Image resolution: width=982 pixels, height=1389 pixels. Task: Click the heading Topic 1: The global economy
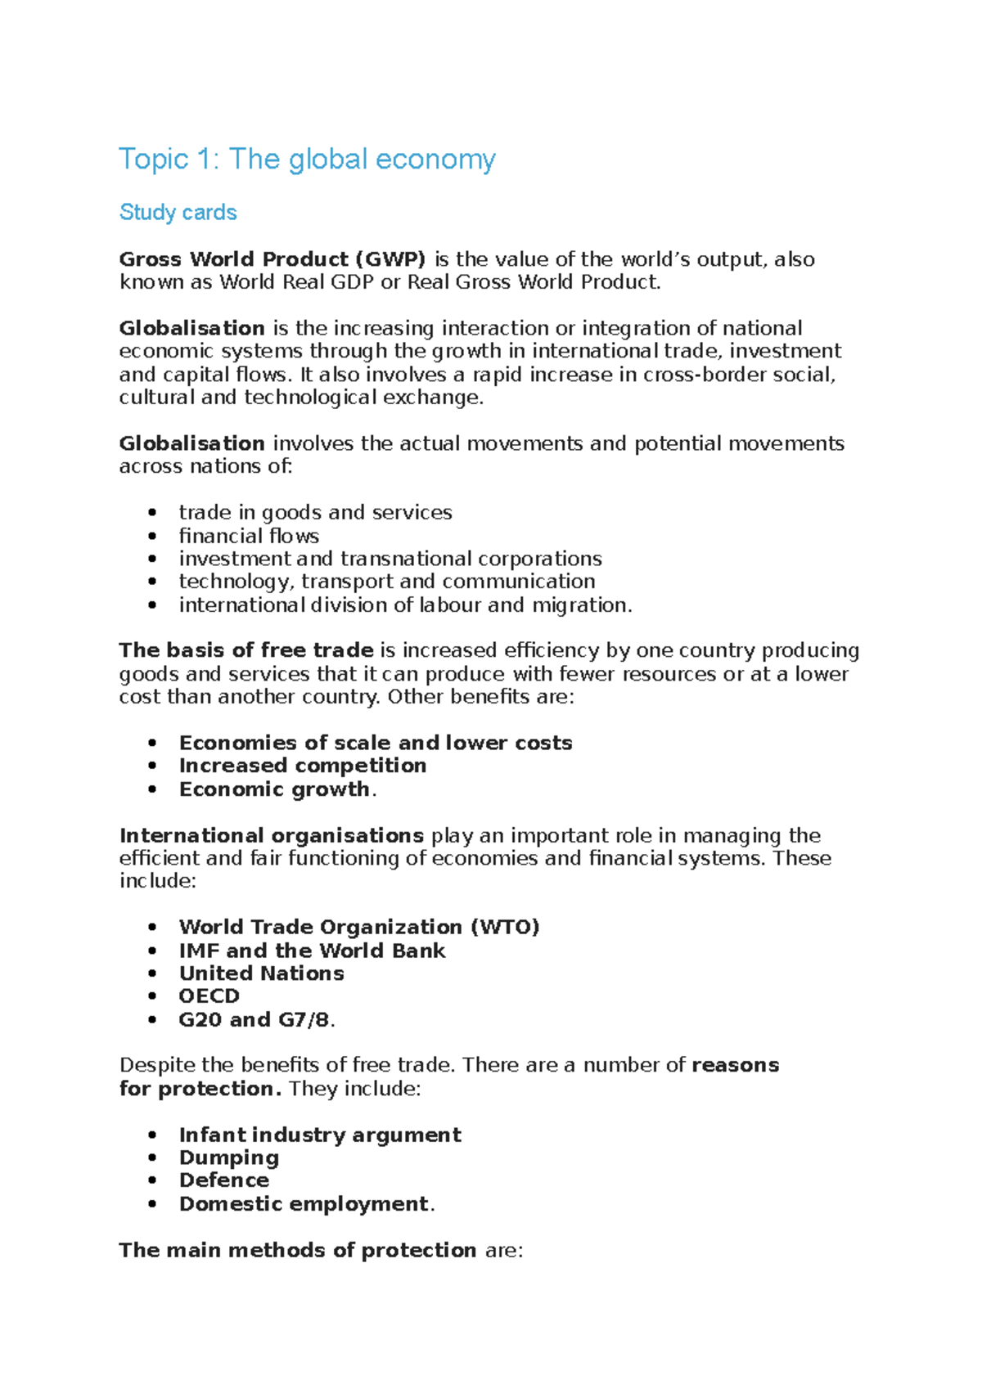click(x=307, y=159)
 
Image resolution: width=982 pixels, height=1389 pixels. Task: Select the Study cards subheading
click(x=178, y=213)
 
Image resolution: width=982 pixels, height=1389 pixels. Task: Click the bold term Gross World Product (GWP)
click(x=272, y=259)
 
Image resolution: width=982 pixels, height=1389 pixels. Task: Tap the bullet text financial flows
click(x=249, y=536)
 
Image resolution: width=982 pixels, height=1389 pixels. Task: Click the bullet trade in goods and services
click(x=315, y=513)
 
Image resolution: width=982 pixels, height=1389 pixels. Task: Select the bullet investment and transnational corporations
click(x=390, y=559)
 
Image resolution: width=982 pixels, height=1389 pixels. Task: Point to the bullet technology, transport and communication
click(x=387, y=582)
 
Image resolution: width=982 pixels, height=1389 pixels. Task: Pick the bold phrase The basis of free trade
click(x=245, y=650)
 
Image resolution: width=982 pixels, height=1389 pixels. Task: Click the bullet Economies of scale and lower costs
click(x=376, y=743)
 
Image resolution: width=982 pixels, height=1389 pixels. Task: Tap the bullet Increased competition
click(x=303, y=766)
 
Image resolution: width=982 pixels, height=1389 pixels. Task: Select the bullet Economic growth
click(x=274, y=789)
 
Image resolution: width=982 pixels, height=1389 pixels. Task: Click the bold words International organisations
click(x=271, y=835)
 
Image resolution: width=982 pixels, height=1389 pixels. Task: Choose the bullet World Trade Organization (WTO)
click(x=359, y=927)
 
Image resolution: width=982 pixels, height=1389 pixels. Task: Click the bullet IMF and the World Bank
click(x=312, y=951)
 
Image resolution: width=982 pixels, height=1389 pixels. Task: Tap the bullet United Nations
click(x=261, y=973)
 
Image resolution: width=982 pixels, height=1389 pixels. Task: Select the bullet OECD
click(x=209, y=996)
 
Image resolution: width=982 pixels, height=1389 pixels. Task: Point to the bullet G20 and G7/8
click(x=254, y=1020)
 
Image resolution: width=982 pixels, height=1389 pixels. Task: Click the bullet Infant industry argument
click(x=320, y=1135)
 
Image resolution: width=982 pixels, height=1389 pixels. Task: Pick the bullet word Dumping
click(x=229, y=1158)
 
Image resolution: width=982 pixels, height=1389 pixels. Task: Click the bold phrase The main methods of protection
click(x=298, y=1251)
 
